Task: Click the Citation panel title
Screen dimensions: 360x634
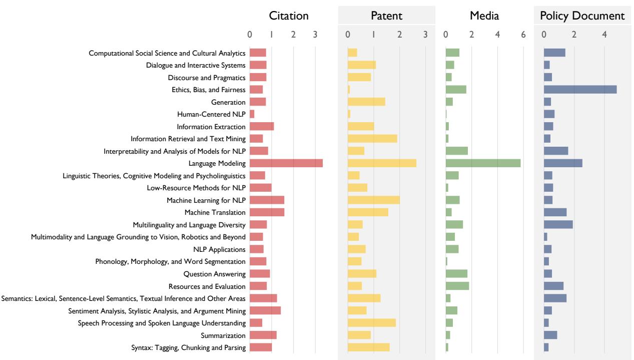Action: click(289, 16)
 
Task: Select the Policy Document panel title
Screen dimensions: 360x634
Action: click(582, 16)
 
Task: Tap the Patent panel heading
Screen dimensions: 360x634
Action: click(386, 16)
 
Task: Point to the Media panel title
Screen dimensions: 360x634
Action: click(484, 16)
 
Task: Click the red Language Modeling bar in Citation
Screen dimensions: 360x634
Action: click(286, 163)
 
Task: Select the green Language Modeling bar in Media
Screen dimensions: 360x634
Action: click(483, 163)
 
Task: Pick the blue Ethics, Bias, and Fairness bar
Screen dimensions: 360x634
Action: click(580, 90)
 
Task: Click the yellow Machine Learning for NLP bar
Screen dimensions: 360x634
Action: click(373, 200)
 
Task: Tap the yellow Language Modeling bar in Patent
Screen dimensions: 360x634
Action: click(382, 163)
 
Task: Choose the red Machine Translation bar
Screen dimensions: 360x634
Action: click(267, 212)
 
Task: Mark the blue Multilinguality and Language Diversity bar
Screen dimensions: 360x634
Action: click(558, 225)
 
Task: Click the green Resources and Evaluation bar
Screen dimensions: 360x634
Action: click(457, 286)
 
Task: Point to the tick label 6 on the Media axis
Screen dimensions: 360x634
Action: click(523, 34)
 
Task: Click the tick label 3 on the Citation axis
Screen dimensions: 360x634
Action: click(315, 34)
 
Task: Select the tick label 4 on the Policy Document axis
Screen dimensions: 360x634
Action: click(604, 34)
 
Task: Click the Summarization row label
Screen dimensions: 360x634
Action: click(223, 335)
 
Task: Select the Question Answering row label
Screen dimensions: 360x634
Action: click(214, 274)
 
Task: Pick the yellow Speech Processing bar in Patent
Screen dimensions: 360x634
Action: click(371, 323)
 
